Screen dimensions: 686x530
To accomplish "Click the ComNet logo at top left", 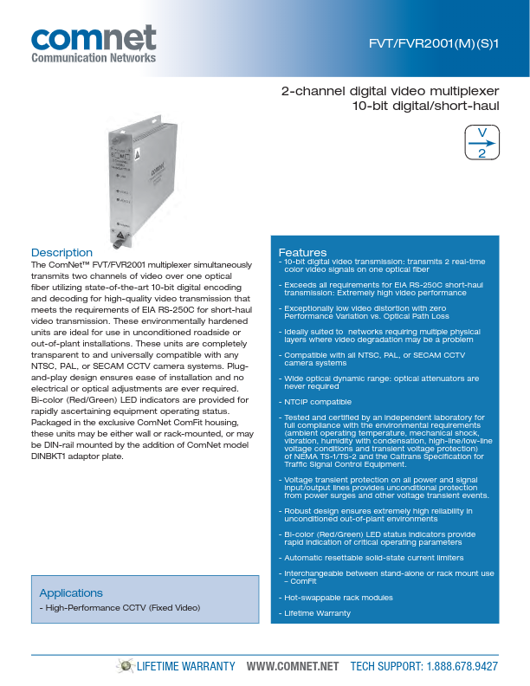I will point(94,39).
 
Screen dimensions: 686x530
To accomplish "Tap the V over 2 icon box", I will point(482,142).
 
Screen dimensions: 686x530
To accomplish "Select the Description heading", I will point(61,253).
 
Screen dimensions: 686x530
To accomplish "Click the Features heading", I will point(302,252).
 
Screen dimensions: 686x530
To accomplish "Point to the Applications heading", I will point(71,592).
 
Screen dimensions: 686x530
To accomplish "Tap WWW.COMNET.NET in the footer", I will point(292,666).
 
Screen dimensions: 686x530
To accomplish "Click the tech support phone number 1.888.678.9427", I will point(462,666).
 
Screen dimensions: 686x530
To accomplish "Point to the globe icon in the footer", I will point(127,665).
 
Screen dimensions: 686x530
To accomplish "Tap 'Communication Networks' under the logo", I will point(94,58).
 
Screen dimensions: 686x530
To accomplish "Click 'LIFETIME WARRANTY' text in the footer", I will point(187,666).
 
